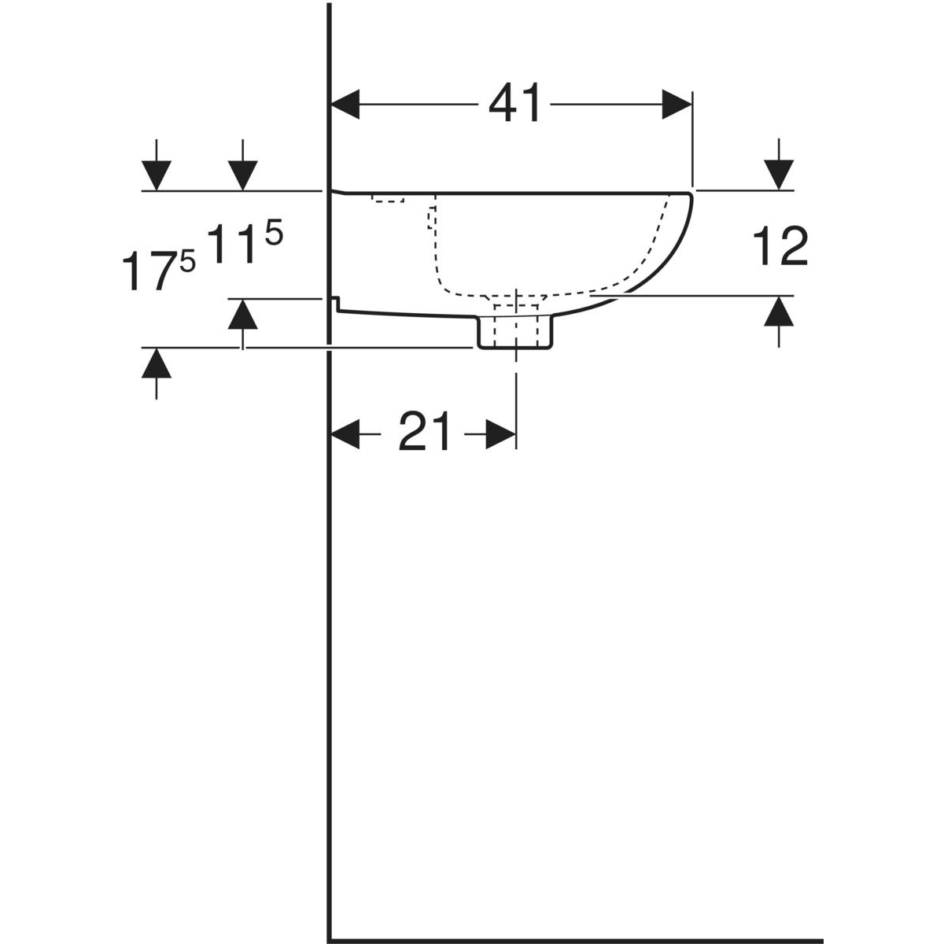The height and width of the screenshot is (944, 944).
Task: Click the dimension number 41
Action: coord(514,104)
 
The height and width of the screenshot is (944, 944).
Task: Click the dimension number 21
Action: coord(424,432)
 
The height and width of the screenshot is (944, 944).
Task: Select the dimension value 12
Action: coord(780,248)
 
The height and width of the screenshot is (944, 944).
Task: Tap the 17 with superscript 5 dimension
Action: coord(158,270)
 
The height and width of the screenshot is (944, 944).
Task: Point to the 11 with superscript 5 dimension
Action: coord(245,242)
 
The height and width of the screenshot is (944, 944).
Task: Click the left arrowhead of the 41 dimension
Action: coord(345,105)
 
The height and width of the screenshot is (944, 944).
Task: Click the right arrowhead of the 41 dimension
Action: coord(677,105)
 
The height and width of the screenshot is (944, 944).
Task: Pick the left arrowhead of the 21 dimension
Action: coord(345,433)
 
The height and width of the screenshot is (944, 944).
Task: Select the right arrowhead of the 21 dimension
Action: coord(500,433)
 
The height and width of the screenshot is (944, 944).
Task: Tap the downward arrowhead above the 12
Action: coord(779,175)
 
